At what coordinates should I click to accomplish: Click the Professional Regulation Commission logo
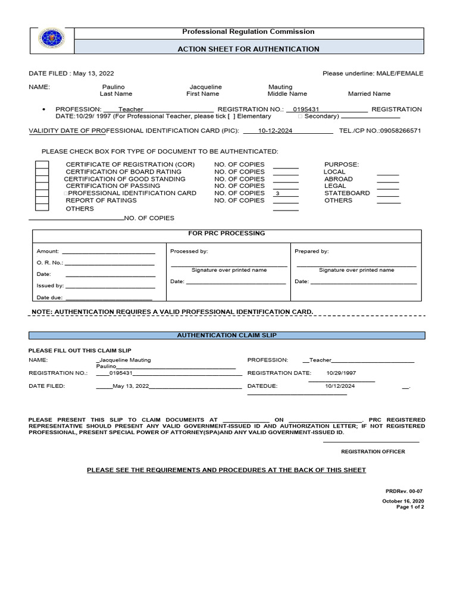click(x=52, y=40)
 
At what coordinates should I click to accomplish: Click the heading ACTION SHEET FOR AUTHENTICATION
click(x=248, y=49)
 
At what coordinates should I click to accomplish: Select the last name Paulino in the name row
click(x=114, y=87)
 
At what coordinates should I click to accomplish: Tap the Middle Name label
click(x=287, y=94)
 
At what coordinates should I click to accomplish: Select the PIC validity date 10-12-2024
click(x=275, y=131)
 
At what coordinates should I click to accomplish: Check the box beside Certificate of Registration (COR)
click(x=42, y=165)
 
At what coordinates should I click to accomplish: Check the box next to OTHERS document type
click(x=42, y=207)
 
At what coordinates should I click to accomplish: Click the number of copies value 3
click(x=277, y=194)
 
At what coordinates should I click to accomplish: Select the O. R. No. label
click(x=49, y=262)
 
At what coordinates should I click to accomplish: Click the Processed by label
click(x=189, y=252)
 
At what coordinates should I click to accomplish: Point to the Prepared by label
click(x=312, y=252)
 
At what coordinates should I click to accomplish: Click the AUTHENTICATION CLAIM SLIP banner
click(x=227, y=335)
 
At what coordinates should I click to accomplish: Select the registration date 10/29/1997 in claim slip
click(x=341, y=373)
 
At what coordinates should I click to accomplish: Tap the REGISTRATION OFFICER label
click(x=373, y=452)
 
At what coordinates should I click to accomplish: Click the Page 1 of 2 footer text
click(x=410, y=507)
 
